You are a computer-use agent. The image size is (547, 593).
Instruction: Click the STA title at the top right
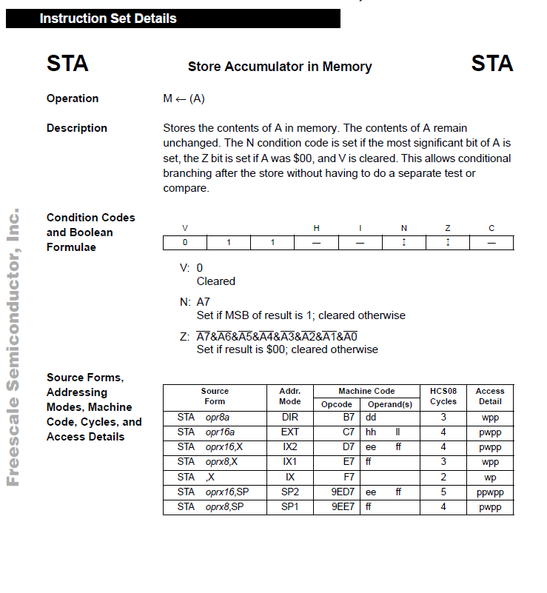coord(491,64)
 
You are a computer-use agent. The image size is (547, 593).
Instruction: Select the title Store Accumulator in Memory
coord(280,67)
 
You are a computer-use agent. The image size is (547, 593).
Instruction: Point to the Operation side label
coord(73,98)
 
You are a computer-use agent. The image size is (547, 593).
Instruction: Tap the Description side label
coord(77,128)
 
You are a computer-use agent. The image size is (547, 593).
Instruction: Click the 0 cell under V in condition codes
coord(185,242)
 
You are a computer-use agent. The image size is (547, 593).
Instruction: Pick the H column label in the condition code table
coord(316,228)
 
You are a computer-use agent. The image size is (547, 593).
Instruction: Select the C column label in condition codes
coord(491,228)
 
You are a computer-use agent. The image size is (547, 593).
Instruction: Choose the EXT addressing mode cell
coord(290,432)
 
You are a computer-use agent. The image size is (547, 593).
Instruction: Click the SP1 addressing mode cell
coord(290,506)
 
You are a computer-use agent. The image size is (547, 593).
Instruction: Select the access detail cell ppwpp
coord(490,492)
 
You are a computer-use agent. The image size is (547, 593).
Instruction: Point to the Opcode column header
coord(337,404)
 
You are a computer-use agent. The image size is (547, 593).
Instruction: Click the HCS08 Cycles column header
coord(443,396)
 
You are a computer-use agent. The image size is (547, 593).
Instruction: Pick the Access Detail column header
coord(490,396)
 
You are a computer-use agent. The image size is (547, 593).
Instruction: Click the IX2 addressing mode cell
coord(290,447)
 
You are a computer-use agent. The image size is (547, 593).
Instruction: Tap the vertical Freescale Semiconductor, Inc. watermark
coord(13,348)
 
